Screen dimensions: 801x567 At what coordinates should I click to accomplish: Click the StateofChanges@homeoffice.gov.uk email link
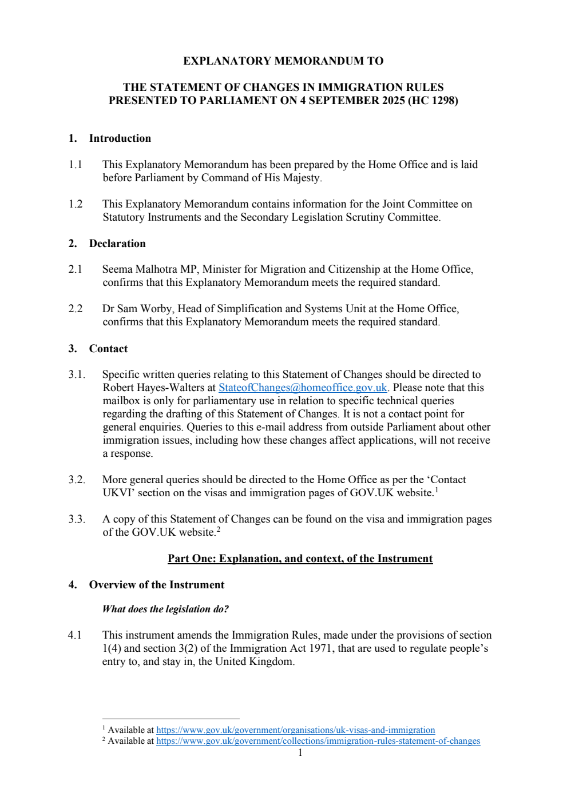(x=303, y=388)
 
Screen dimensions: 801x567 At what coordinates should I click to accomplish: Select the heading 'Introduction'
(x=120, y=138)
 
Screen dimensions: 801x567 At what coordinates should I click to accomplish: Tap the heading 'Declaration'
(x=117, y=244)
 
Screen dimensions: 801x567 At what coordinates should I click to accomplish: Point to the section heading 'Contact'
(x=108, y=349)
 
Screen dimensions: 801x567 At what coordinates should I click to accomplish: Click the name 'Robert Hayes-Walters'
(x=153, y=388)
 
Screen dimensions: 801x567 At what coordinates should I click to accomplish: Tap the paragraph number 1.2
(x=76, y=204)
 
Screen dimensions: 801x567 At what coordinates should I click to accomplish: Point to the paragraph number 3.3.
(x=77, y=519)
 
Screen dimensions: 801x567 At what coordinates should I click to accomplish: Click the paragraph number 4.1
(x=75, y=635)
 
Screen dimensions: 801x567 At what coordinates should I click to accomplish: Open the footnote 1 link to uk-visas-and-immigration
(x=295, y=730)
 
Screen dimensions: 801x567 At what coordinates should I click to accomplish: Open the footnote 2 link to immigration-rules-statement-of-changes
(x=318, y=741)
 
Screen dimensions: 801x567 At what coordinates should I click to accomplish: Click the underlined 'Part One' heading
(x=300, y=559)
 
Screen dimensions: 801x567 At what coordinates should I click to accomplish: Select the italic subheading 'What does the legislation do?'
(x=165, y=609)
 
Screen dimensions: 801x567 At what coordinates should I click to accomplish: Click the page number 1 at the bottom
(x=300, y=752)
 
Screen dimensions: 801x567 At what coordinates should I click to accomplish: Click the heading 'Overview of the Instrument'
(x=156, y=585)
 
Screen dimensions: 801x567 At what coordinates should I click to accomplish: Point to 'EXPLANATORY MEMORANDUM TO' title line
(x=283, y=61)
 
